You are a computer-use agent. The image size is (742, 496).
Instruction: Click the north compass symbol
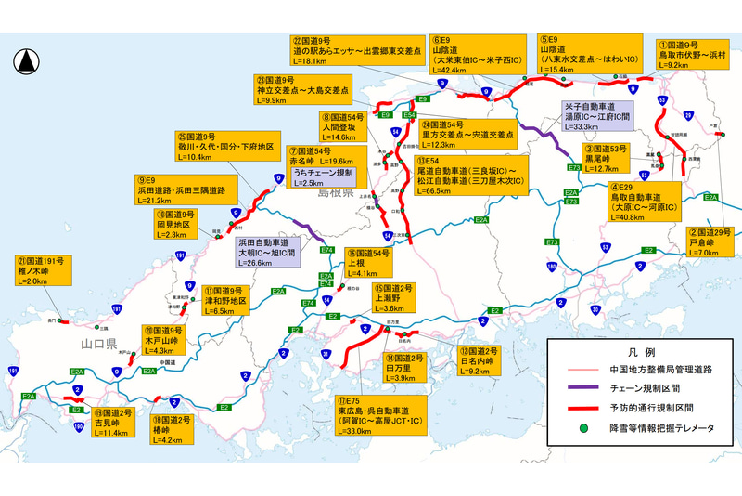pos(26,61)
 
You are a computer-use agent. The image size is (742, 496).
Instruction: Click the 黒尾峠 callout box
pos(611,158)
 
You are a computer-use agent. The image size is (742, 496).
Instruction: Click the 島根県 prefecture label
pos(337,195)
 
